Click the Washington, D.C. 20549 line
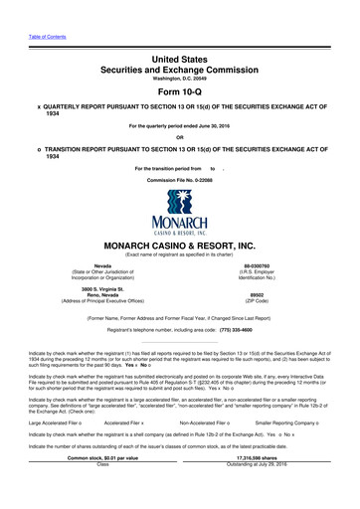tap(179, 65)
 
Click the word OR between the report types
tap(179, 137)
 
